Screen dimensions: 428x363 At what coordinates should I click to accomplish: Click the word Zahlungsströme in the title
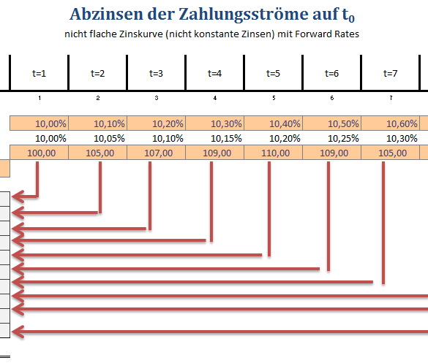243,15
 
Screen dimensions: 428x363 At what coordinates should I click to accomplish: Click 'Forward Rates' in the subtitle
327,34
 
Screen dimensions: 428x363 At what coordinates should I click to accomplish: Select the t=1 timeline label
39,73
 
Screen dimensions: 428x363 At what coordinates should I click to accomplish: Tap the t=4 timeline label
214,73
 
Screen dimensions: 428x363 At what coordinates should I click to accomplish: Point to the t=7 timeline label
391,73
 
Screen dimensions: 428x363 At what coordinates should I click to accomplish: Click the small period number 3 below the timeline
157,98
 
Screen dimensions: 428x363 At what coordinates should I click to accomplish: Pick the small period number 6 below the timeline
332,98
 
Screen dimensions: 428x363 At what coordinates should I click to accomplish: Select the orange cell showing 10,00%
39,123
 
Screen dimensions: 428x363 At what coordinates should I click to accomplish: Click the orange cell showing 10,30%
214,123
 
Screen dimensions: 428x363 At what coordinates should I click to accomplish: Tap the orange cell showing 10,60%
391,123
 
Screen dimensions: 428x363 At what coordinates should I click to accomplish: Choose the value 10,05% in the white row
109,139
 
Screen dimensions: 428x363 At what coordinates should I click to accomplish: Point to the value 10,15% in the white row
226,139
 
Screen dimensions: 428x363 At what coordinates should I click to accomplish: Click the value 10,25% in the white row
343,139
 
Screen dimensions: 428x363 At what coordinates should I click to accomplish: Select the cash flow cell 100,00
39,153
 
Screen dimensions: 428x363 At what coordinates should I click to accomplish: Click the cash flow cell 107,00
156,153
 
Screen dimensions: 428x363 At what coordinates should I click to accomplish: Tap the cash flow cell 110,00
273,153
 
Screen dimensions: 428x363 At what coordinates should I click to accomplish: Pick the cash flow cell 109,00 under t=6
332,153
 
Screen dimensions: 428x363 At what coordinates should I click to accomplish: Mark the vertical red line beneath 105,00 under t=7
383,223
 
